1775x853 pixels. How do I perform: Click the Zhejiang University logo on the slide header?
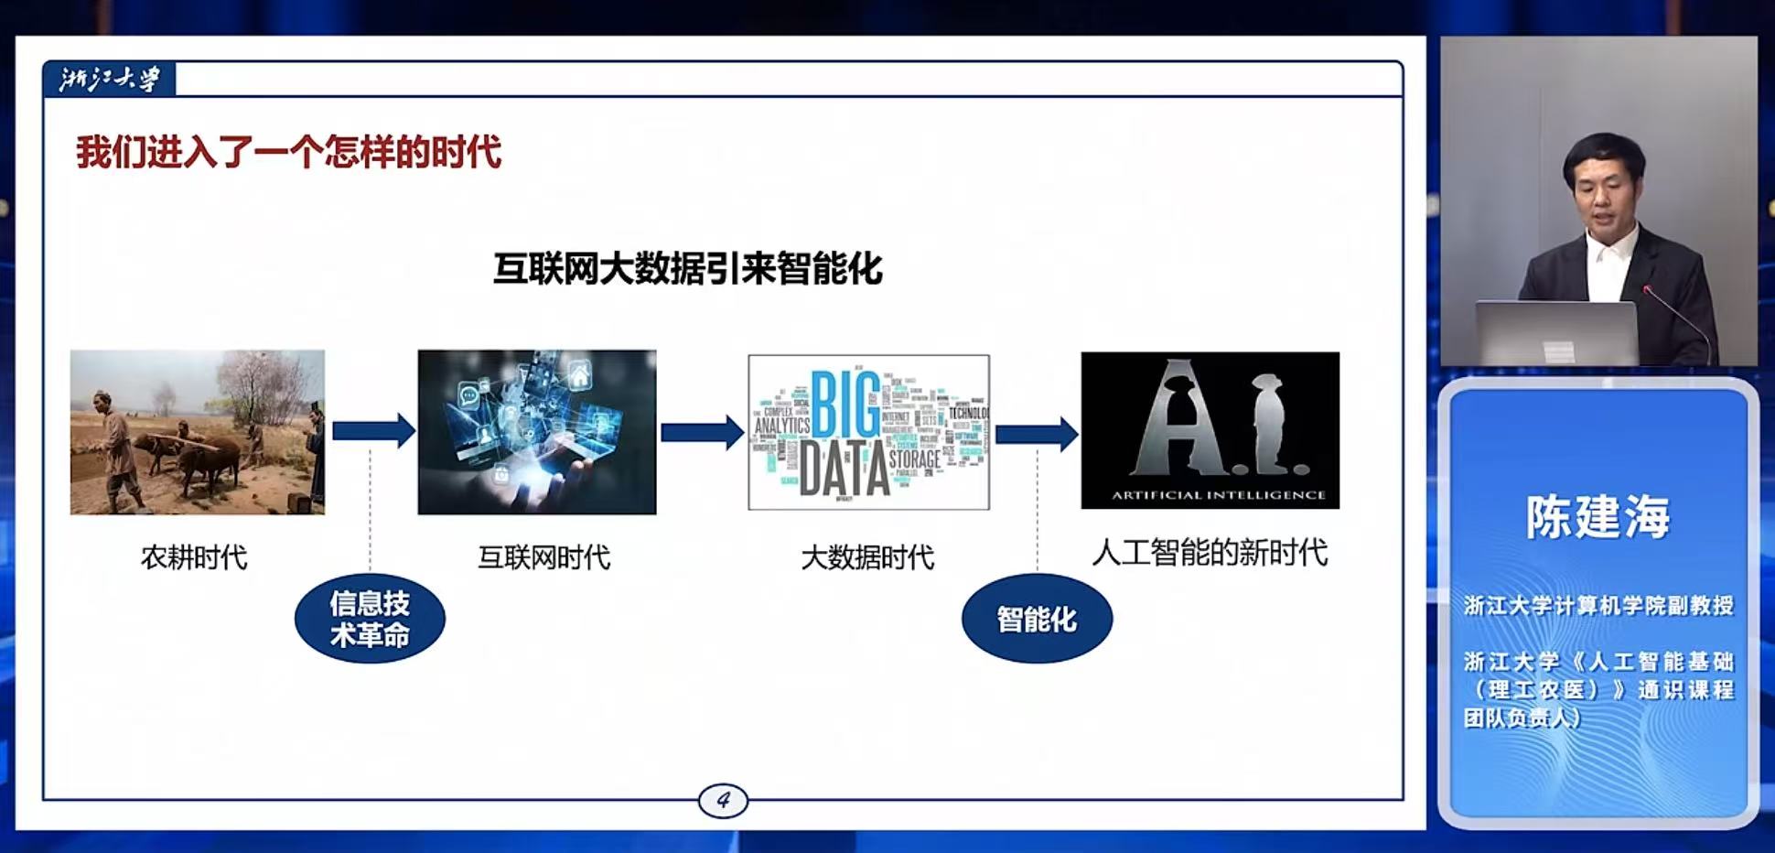point(109,80)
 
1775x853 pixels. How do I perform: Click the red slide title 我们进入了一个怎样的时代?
point(288,152)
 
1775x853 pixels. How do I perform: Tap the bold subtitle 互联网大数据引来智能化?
point(687,269)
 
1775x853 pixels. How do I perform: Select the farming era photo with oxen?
point(198,432)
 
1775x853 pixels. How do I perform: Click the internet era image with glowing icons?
point(537,432)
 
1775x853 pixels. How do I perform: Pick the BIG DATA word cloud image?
point(868,432)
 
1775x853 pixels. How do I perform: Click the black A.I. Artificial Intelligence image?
point(1210,430)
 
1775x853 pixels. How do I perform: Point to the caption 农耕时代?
point(194,557)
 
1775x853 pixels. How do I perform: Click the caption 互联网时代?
point(543,557)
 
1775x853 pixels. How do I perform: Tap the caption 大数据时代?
point(867,557)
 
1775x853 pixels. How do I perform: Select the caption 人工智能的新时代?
point(1210,553)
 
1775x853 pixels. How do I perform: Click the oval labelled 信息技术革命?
point(370,619)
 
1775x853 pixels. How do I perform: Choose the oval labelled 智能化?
point(1037,620)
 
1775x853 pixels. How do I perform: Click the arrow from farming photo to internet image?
point(373,431)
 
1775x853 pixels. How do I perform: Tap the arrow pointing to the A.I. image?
point(1036,433)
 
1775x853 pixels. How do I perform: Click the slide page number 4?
point(723,800)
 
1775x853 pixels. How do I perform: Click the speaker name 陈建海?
point(1597,516)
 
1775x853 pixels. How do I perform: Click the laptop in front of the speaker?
point(1556,332)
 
